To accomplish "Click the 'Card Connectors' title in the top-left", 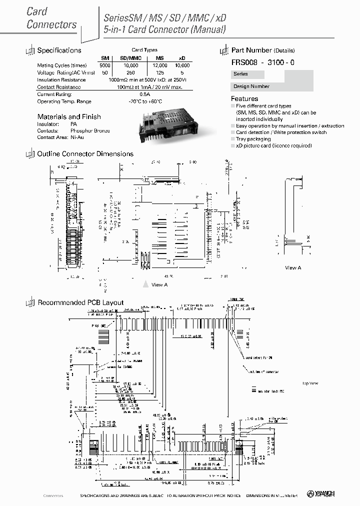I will tap(51, 18).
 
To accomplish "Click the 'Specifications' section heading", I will tap(59, 50).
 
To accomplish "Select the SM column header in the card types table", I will tap(105, 58).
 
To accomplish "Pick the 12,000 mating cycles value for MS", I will tap(160, 65).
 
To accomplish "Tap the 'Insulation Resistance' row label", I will tap(61, 80).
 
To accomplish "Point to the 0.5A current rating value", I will tap(145, 94).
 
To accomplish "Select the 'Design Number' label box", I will tap(251, 86).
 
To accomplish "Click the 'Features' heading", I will tap(244, 99).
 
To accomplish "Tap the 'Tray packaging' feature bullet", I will tap(253, 139).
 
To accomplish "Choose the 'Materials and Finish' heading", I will tap(69, 116).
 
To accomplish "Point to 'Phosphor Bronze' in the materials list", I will tap(90, 130).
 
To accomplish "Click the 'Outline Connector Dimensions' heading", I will tap(85, 154).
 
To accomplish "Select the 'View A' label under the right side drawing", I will tap(293, 268).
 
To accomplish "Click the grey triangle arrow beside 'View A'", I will tap(145, 284).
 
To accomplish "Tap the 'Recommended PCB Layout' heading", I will tap(80, 302).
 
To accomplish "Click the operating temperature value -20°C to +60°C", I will tap(145, 101).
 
